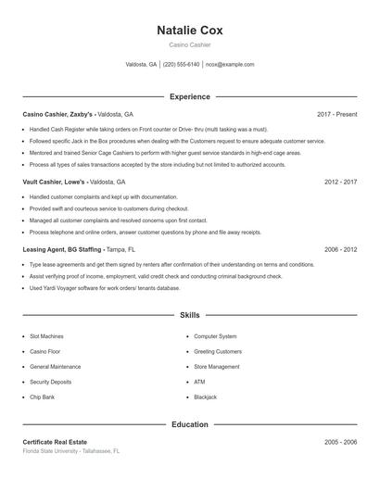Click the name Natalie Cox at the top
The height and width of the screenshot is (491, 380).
click(x=190, y=30)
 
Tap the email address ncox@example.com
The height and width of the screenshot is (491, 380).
click(x=230, y=65)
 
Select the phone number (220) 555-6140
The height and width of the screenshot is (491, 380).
click(x=181, y=65)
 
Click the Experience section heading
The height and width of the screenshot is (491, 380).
click(x=190, y=96)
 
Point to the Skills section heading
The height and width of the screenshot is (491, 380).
click(x=190, y=316)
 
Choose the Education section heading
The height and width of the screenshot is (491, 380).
click(x=190, y=424)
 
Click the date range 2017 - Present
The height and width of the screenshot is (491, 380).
click(x=336, y=114)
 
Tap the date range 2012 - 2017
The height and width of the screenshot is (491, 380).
click(x=340, y=183)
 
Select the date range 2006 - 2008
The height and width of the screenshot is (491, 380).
click(x=340, y=250)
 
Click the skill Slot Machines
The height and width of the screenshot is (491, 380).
click(x=46, y=336)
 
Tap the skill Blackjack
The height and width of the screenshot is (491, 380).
click(x=205, y=397)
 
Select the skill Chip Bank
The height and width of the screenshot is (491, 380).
click(x=43, y=397)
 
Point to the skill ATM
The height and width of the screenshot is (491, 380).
click(x=199, y=382)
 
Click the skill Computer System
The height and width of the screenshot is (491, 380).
click(x=215, y=336)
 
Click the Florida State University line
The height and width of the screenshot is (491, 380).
click(x=71, y=451)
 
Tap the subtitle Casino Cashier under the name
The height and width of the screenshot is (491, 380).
click(x=190, y=44)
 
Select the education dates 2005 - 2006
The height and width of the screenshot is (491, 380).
click(x=340, y=442)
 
